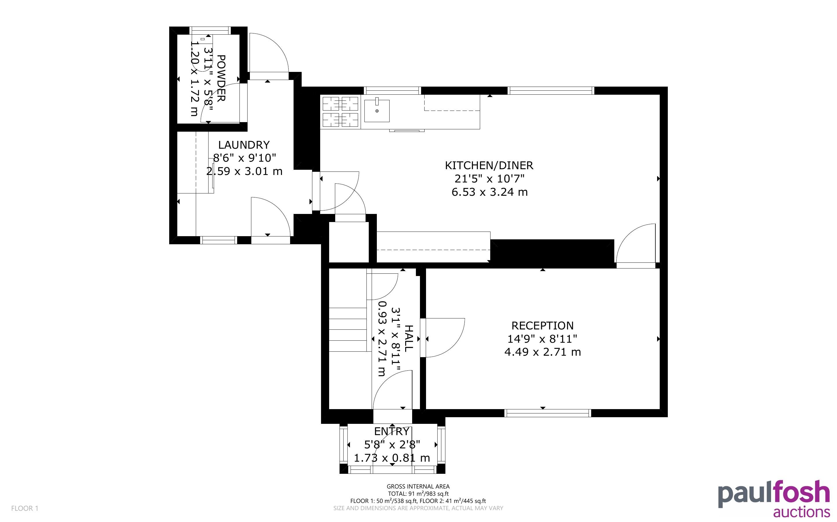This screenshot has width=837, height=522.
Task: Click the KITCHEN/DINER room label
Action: pyautogui.click(x=489, y=165)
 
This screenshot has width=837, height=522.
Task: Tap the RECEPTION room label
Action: pyautogui.click(x=542, y=326)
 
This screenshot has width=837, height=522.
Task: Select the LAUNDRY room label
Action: pyautogui.click(x=244, y=145)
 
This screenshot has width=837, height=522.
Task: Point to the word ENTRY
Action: pyautogui.click(x=392, y=431)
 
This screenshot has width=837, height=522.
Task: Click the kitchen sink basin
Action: pyautogui.click(x=377, y=111)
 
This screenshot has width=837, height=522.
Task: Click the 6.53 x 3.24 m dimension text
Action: pyautogui.click(x=490, y=192)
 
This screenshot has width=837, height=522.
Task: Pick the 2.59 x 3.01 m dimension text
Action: pyautogui.click(x=244, y=171)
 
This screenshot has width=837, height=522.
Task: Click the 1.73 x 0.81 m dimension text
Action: pyautogui.click(x=392, y=458)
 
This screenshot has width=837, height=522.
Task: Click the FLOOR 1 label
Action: pyautogui.click(x=25, y=508)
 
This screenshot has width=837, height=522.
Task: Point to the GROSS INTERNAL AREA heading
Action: pyautogui.click(x=418, y=487)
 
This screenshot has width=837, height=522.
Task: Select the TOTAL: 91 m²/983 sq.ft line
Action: pyautogui.click(x=418, y=494)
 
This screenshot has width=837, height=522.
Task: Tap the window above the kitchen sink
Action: pyautogui.click(x=393, y=91)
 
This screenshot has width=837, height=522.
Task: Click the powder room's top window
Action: pyautogui.click(x=210, y=30)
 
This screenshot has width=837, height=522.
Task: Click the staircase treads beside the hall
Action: pyautogui.click(x=347, y=329)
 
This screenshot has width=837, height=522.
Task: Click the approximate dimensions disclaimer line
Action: pyautogui.click(x=418, y=508)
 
